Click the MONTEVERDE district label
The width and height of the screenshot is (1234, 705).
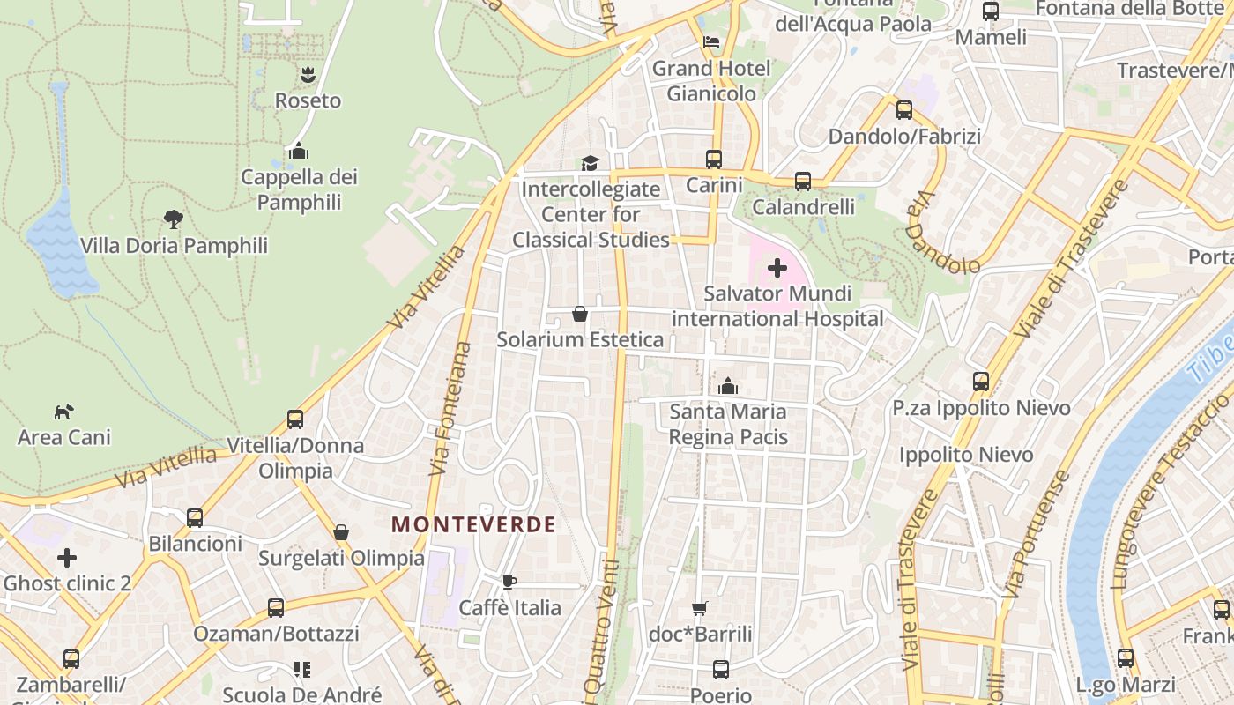(x=474, y=525)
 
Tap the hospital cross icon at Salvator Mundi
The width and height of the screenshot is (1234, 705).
(x=777, y=267)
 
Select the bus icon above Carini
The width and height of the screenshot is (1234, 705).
(x=714, y=160)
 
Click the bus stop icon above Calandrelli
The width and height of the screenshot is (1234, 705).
(x=802, y=181)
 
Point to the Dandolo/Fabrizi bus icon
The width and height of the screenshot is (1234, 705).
(x=904, y=110)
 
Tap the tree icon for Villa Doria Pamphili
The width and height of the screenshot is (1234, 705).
(x=174, y=219)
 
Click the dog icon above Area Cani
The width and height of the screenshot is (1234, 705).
(x=63, y=412)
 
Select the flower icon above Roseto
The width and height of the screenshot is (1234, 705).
(x=308, y=75)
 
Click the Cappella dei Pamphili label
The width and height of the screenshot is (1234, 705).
(x=300, y=189)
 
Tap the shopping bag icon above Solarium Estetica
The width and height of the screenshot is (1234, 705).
(x=580, y=314)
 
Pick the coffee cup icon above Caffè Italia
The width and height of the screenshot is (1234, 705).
(x=509, y=582)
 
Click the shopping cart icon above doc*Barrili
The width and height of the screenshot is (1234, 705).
(x=700, y=608)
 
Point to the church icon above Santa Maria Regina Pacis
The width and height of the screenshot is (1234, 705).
(x=728, y=386)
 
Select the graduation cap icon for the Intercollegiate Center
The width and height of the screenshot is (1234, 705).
(x=590, y=163)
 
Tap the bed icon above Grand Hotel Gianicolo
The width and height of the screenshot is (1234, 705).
(x=711, y=42)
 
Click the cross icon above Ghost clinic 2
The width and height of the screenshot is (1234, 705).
(x=67, y=558)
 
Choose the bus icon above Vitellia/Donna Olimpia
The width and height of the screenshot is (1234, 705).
(x=295, y=419)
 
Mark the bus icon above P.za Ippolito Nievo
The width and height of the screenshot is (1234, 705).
(x=981, y=382)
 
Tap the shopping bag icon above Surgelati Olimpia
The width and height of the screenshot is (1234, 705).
(x=341, y=532)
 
